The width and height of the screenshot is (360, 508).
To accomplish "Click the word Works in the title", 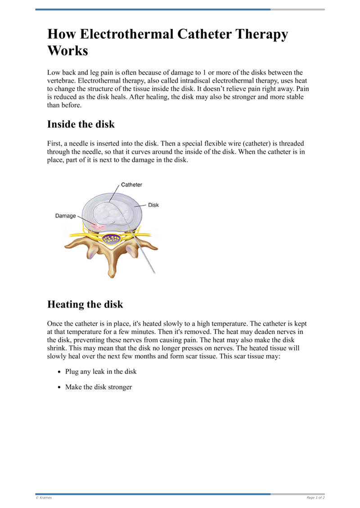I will [67, 51].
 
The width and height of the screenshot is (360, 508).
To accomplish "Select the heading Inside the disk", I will [81, 124].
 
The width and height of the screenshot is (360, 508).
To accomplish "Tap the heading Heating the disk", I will [85, 304].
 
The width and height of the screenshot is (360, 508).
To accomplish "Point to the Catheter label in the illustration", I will [131, 185].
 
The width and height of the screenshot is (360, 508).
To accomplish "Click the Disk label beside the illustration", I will [153, 205].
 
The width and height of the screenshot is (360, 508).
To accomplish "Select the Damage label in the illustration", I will [66, 216].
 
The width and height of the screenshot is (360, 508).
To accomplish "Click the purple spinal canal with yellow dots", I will [111, 239].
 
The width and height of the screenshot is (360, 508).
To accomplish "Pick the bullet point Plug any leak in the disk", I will [101, 372].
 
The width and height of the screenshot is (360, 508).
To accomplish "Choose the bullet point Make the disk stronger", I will [99, 387].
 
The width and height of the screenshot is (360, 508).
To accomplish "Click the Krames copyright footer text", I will [44, 498].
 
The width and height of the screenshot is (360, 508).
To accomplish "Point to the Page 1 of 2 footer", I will [315, 498].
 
